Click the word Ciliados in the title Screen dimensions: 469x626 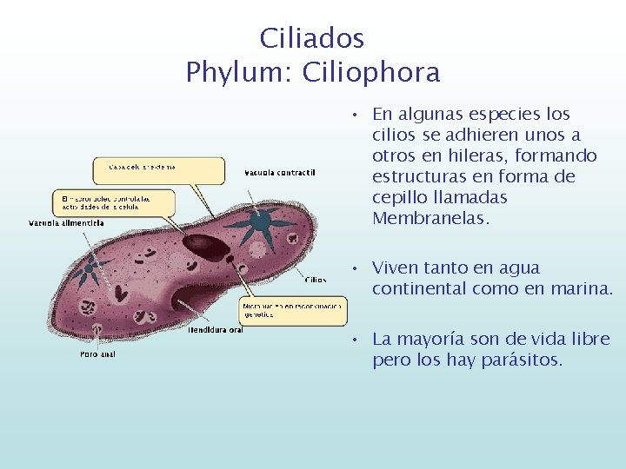point(312,38)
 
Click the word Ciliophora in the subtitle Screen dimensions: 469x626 point(371,72)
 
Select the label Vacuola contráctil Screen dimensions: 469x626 point(279,172)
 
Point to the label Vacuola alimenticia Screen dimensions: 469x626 point(66,223)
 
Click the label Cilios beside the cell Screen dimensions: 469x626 point(316,280)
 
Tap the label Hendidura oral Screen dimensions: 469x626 point(215,330)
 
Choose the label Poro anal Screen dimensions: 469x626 point(97,353)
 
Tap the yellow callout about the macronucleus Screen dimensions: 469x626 point(113,203)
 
